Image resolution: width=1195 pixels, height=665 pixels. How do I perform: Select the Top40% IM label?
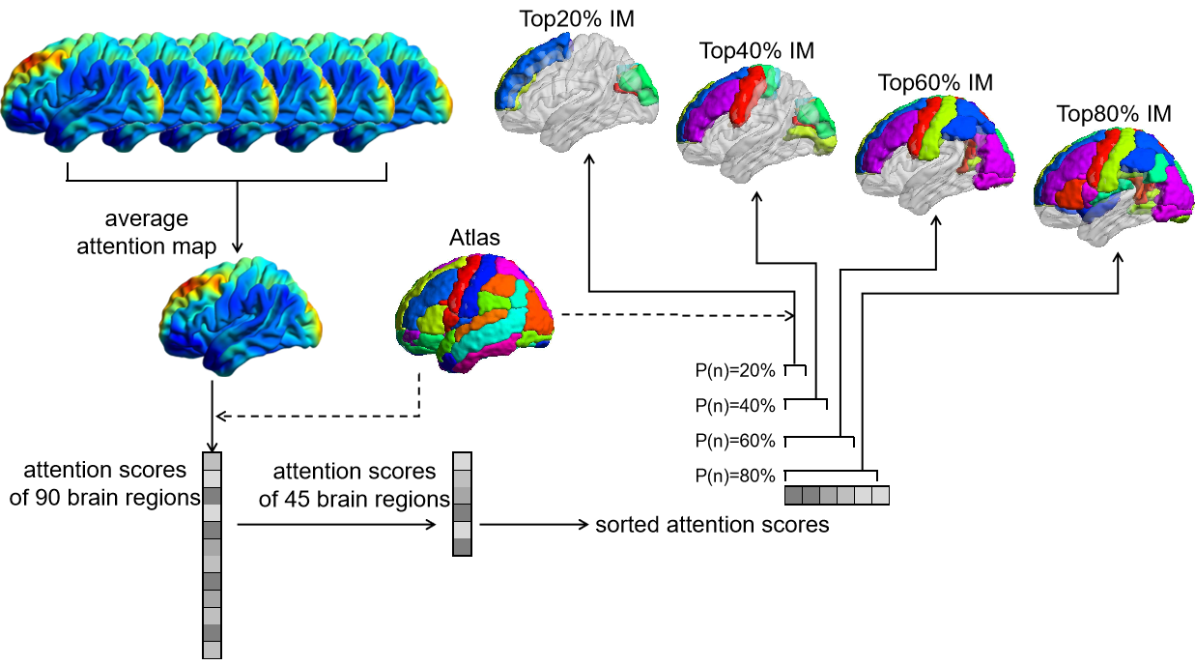click(757, 50)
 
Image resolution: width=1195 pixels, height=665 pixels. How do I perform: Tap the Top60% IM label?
click(935, 82)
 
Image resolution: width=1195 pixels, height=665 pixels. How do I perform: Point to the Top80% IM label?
click(1114, 114)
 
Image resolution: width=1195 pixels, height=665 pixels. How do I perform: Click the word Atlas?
click(473, 238)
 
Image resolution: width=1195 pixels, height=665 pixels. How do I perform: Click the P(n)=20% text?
click(735, 370)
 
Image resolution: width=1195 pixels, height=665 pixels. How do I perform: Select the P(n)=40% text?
click(735, 405)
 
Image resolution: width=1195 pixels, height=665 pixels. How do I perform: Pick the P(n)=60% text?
click(735, 441)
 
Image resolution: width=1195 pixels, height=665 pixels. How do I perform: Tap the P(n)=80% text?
click(735, 476)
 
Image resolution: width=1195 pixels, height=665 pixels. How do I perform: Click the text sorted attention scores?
click(712, 526)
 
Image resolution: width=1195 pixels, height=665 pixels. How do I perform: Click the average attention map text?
click(175, 233)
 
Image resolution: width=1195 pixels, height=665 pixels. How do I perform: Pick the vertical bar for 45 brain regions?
click(462, 504)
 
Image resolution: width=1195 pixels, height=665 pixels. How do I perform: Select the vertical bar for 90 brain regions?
click(212, 555)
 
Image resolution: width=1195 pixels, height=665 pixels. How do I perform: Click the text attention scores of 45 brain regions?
click(355, 486)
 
